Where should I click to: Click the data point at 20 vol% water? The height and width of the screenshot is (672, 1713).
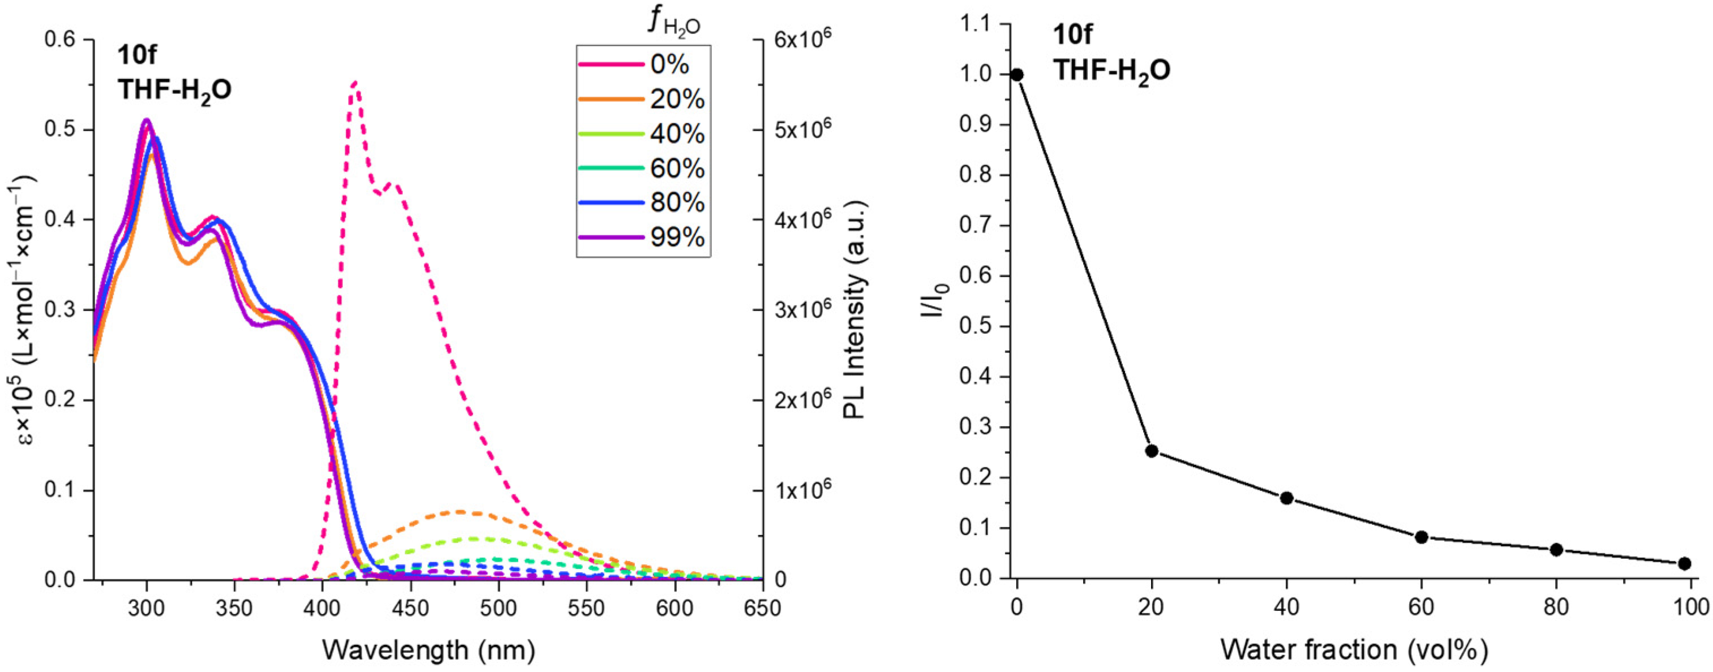tap(1152, 451)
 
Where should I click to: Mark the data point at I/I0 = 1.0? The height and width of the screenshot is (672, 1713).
tap(1017, 75)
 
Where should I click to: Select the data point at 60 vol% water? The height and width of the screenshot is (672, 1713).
tap(1422, 537)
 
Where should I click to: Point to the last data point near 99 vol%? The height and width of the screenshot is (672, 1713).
tap(1684, 563)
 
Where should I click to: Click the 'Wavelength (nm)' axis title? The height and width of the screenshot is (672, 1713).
tap(429, 649)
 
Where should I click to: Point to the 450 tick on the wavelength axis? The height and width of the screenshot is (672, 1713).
tap(411, 608)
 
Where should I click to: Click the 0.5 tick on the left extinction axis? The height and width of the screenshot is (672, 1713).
tap(61, 130)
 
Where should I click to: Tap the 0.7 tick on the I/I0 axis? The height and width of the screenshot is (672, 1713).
tap(975, 225)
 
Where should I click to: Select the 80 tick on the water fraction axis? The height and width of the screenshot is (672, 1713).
tap(1556, 607)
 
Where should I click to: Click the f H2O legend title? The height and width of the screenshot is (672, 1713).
tap(673, 21)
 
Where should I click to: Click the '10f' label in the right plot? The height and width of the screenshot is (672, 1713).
tap(1072, 34)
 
